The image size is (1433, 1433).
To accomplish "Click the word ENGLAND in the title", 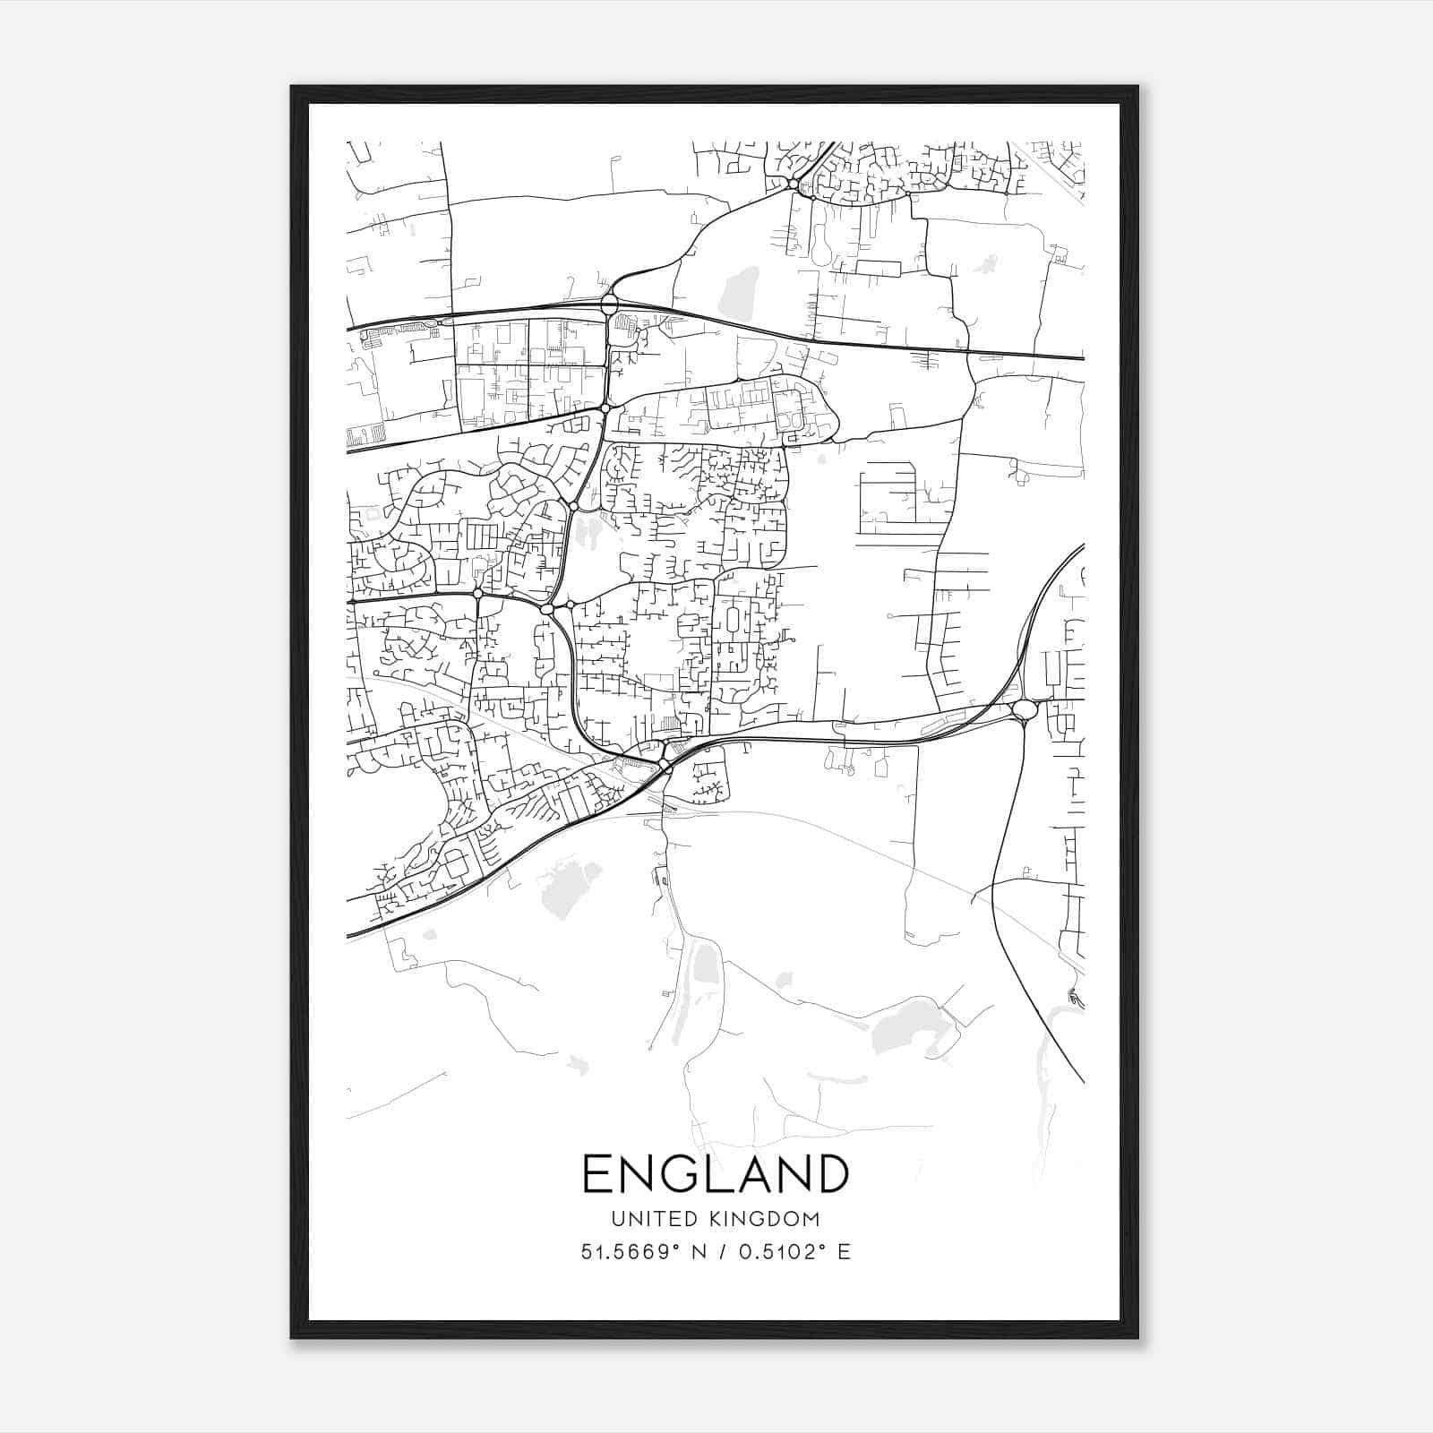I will pyautogui.click(x=716, y=1173).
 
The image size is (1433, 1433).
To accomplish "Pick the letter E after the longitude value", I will pyautogui.click(x=844, y=1252).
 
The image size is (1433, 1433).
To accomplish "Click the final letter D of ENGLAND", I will pyautogui.click(x=830, y=1173).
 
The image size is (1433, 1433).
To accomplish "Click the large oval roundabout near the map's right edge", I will pyautogui.click(x=1024, y=710).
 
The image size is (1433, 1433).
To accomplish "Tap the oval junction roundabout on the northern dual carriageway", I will pyautogui.click(x=610, y=305).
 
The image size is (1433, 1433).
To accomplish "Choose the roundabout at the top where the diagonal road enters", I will pyautogui.click(x=793, y=184).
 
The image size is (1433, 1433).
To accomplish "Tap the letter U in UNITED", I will pyautogui.click(x=617, y=1218).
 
